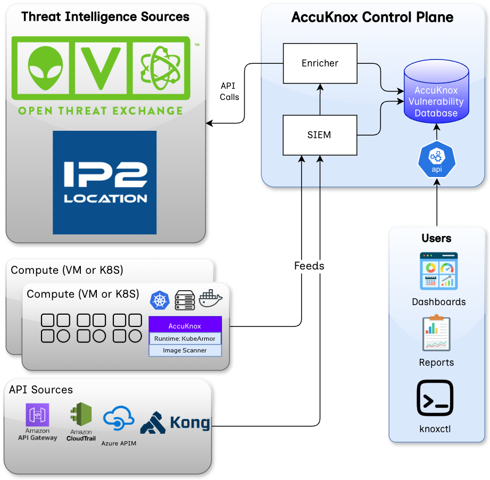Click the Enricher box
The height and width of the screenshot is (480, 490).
pyautogui.click(x=320, y=63)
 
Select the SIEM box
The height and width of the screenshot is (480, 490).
pyautogui.click(x=319, y=135)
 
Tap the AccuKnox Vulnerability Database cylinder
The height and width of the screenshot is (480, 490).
pyautogui.click(x=436, y=92)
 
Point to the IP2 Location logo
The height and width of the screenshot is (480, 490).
pyautogui.click(x=105, y=182)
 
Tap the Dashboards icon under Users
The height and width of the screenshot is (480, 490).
pyautogui.click(x=438, y=271)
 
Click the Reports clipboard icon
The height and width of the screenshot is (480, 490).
pyautogui.click(x=436, y=333)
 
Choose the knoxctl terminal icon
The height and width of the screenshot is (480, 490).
pyautogui.click(x=435, y=398)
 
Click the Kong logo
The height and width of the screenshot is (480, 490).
pyautogui.click(x=175, y=423)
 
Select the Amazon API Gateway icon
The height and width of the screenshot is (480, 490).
pyautogui.click(x=37, y=415)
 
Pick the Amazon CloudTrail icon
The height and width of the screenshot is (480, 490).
pyautogui.click(x=80, y=416)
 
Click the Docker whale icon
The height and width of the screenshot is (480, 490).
pyautogui.click(x=210, y=299)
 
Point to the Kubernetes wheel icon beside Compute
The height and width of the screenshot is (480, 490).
pyautogui.click(x=159, y=300)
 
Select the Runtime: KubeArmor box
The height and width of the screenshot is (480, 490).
pyautogui.click(x=185, y=339)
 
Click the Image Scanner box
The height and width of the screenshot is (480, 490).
pyautogui.click(x=185, y=350)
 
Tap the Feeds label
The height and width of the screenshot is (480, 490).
pyautogui.click(x=309, y=266)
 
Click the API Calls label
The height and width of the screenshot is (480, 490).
pyautogui.click(x=230, y=91)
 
